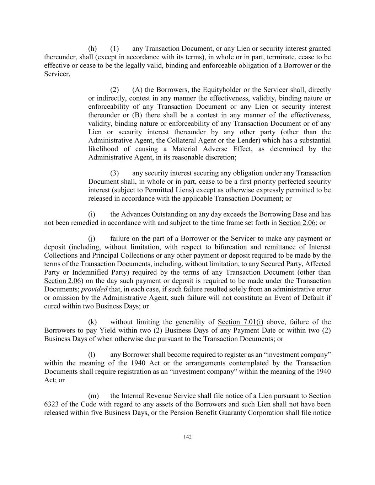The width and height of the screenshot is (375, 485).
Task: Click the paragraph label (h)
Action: coord(92,49)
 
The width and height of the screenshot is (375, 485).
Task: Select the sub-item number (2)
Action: coord(114,90)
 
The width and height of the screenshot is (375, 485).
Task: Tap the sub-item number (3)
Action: coord(114,173)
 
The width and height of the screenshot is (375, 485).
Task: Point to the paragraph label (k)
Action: coord(92,322)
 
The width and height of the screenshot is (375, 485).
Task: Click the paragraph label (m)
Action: coord(93,396)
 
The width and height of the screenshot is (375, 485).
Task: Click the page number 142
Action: coord(188,437)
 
